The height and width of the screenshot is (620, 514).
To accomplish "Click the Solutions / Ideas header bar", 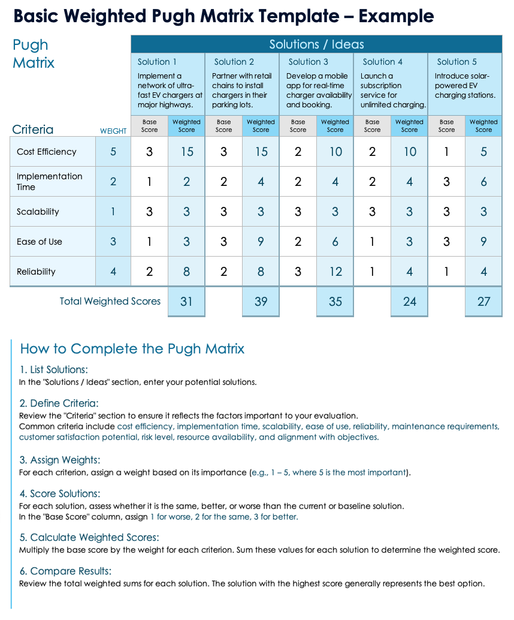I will tap(316, 44).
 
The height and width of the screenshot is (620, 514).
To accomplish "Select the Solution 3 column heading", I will tap(308, 62).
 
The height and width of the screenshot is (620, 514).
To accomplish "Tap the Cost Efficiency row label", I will tap(47, 152).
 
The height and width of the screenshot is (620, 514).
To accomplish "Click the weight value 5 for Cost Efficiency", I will tap(113, 152).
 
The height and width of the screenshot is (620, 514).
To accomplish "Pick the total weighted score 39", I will tap(261, 302).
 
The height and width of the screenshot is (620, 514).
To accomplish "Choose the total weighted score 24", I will tap(410, 302).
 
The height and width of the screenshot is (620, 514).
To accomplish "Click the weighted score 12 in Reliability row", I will tap(335, 272).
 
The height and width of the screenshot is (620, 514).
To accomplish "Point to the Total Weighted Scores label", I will tap(110, 301).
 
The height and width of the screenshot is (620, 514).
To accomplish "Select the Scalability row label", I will tap(38, 212).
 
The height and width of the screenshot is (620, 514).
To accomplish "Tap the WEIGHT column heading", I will tap(113, 131).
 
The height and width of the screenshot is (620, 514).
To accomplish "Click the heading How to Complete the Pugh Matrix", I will tap(132, 349).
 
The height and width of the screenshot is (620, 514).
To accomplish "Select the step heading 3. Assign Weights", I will tap(60, 460).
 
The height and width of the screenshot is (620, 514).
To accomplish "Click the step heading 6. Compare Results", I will tap(65, 571).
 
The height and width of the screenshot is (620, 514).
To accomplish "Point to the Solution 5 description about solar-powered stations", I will tap(465, 85).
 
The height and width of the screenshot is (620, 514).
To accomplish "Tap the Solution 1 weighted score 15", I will tap(187, 152).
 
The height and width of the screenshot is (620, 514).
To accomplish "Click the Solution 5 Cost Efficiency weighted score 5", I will tap(484, 152).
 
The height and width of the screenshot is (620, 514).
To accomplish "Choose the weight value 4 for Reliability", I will tap(113, 272).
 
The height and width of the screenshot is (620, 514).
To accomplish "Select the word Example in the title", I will tap(396, 16).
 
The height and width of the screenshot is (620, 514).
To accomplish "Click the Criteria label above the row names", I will tap(32, 130).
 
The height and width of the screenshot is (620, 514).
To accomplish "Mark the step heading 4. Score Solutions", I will tap(60, 493).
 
